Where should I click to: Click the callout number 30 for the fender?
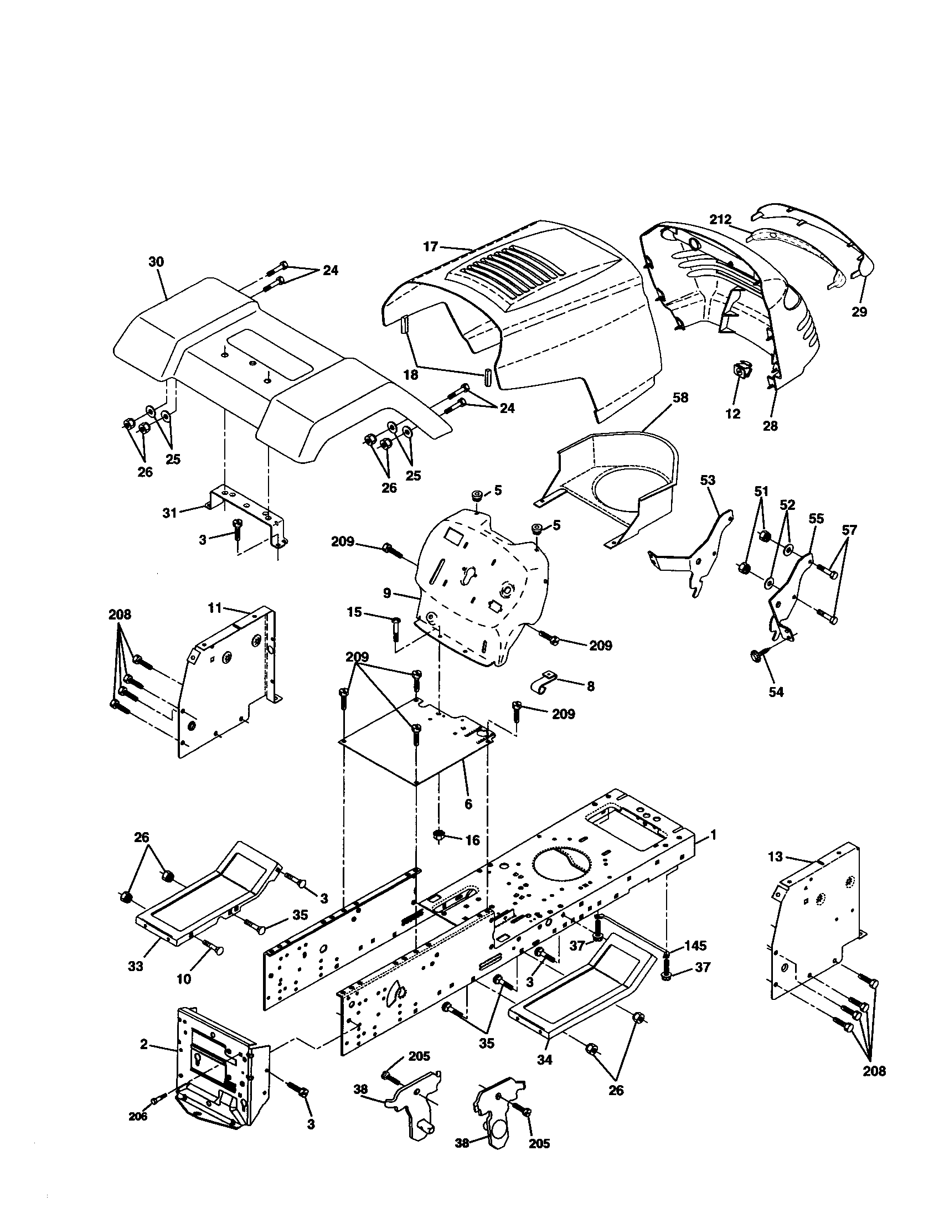pos(156,261)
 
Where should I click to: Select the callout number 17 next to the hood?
pos(431,246)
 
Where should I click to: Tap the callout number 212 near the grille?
pos(720,219)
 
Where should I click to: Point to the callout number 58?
pos(680,398)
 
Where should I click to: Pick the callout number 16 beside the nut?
pos(472,855)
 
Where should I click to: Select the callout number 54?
pos(776,692)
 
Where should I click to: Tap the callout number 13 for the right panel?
pos(776,856)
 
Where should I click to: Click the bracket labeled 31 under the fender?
pos(245,508)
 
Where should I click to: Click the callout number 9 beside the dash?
pos(388,594)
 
